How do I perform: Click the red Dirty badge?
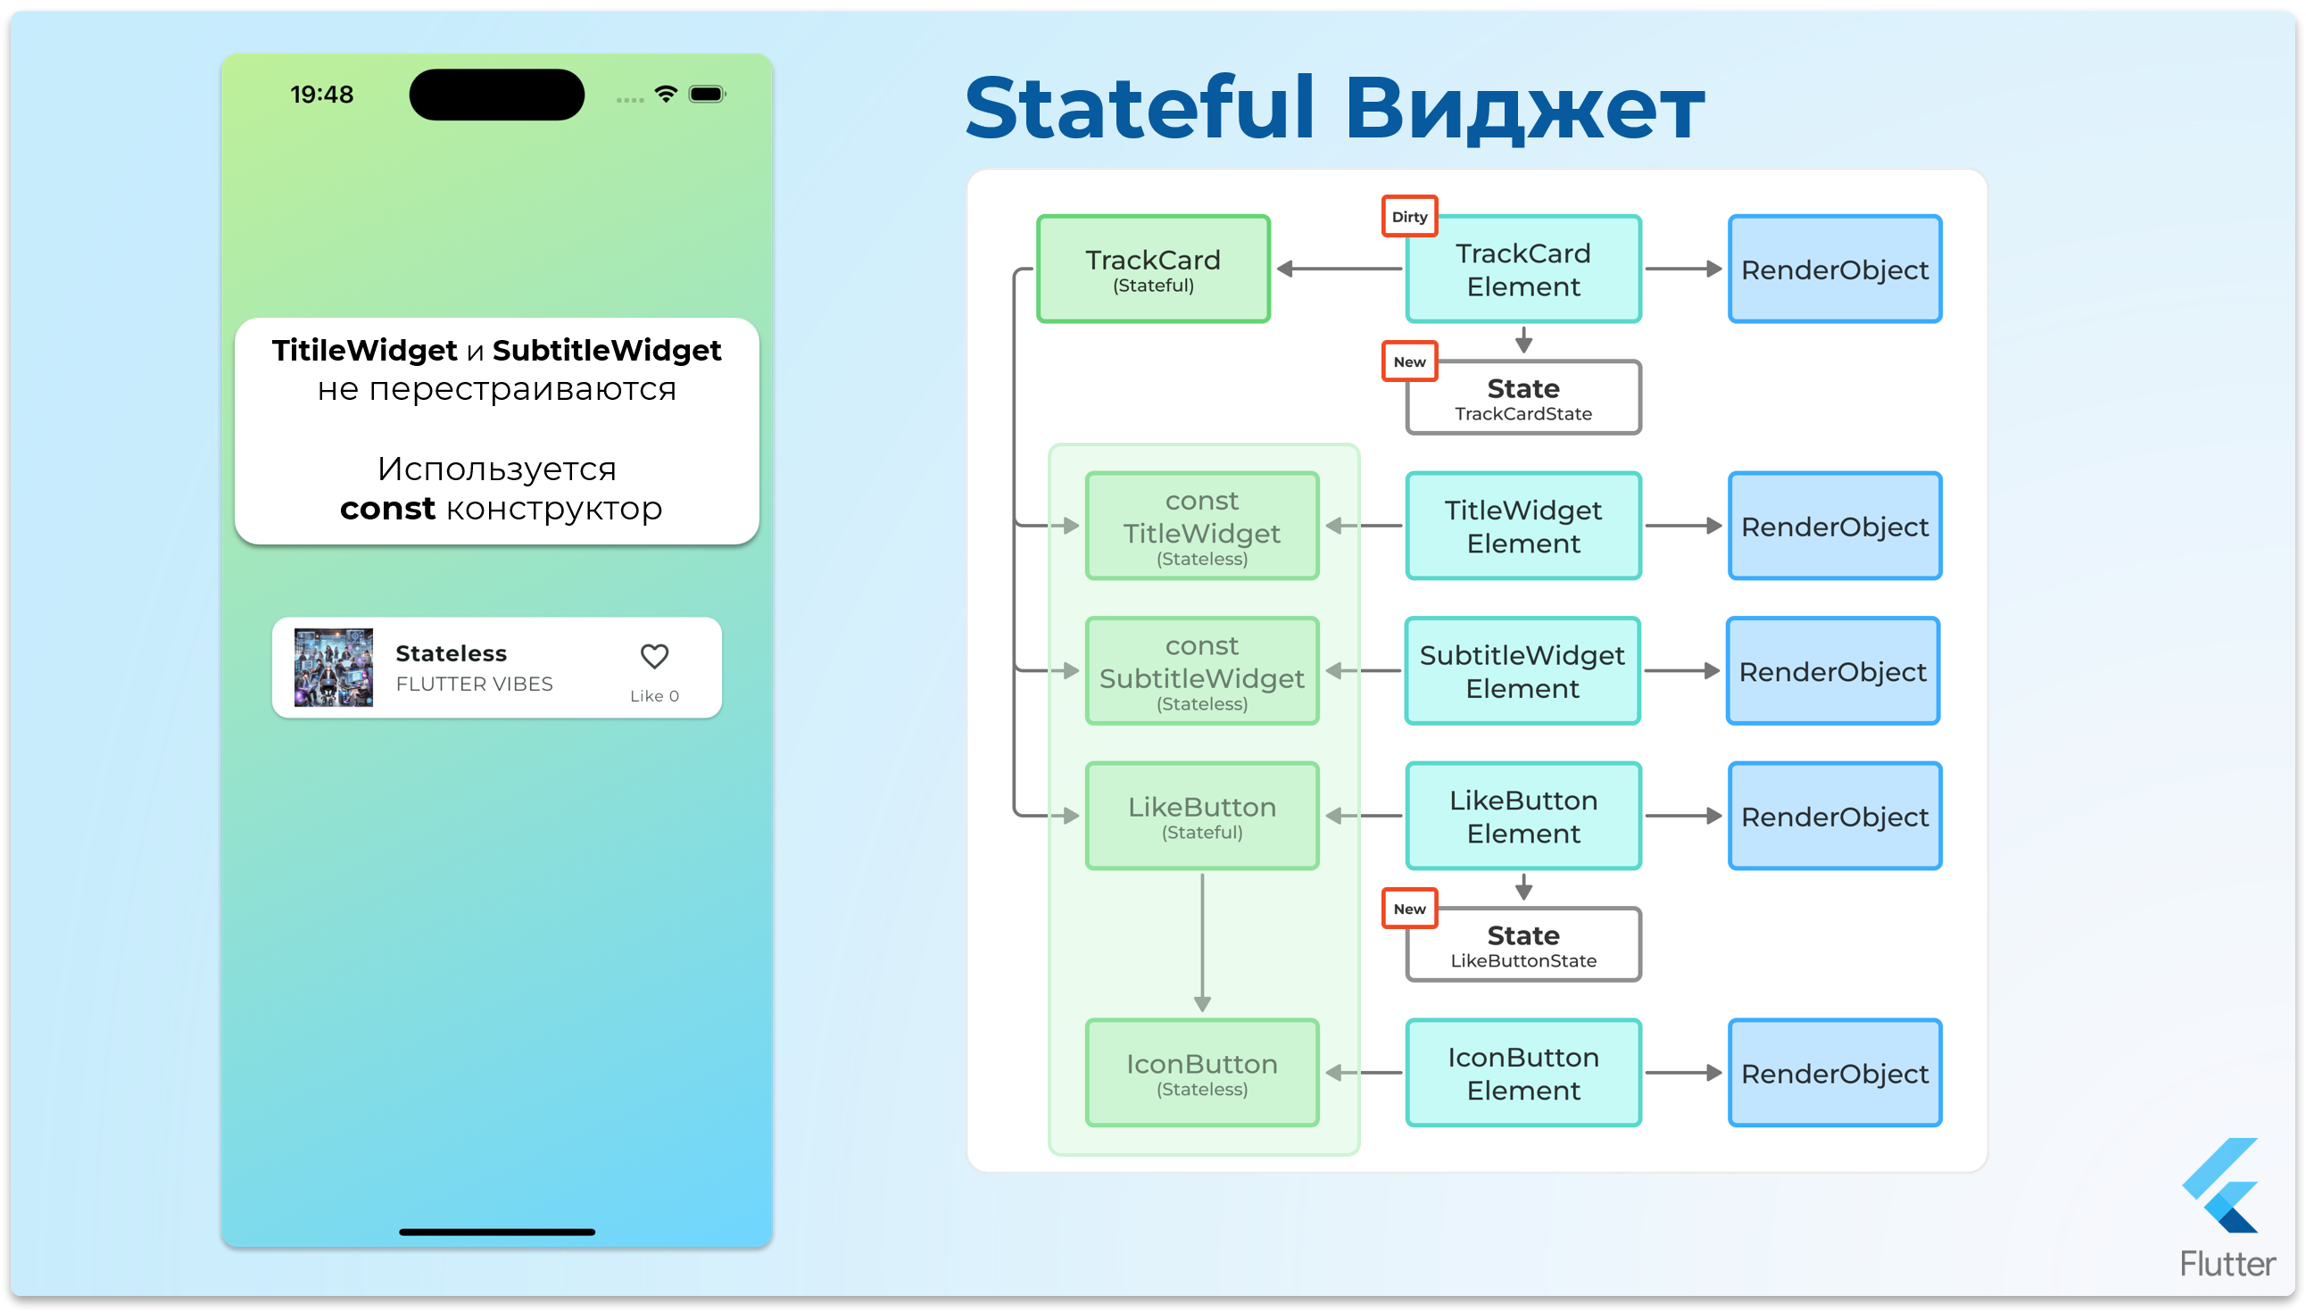[x=1409, y=216]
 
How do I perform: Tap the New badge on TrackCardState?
[x=1409, y=361]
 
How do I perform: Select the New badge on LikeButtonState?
[x=1409, y=909]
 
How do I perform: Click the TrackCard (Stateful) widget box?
[x=1153, y=269]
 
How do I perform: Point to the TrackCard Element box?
[x=1522, y=269]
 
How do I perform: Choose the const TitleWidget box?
[x=1202, y=526]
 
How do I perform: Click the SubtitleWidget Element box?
[x=1522, y=670]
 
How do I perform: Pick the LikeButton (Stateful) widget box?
[x=1202, y=816]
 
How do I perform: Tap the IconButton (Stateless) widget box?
[x=1202, y=1072]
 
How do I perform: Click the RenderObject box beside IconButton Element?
[x=1834, y=1072]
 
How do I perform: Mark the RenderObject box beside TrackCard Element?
[x=1834, y=269]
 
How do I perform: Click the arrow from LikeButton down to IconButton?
[x=1202, y=942]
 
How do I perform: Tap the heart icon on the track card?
[x=654, y=656]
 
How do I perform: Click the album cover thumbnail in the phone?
[x=333, y=667]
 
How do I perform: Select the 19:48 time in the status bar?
[x=321, y=95]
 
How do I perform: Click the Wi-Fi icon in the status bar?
[x=666, y=94]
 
